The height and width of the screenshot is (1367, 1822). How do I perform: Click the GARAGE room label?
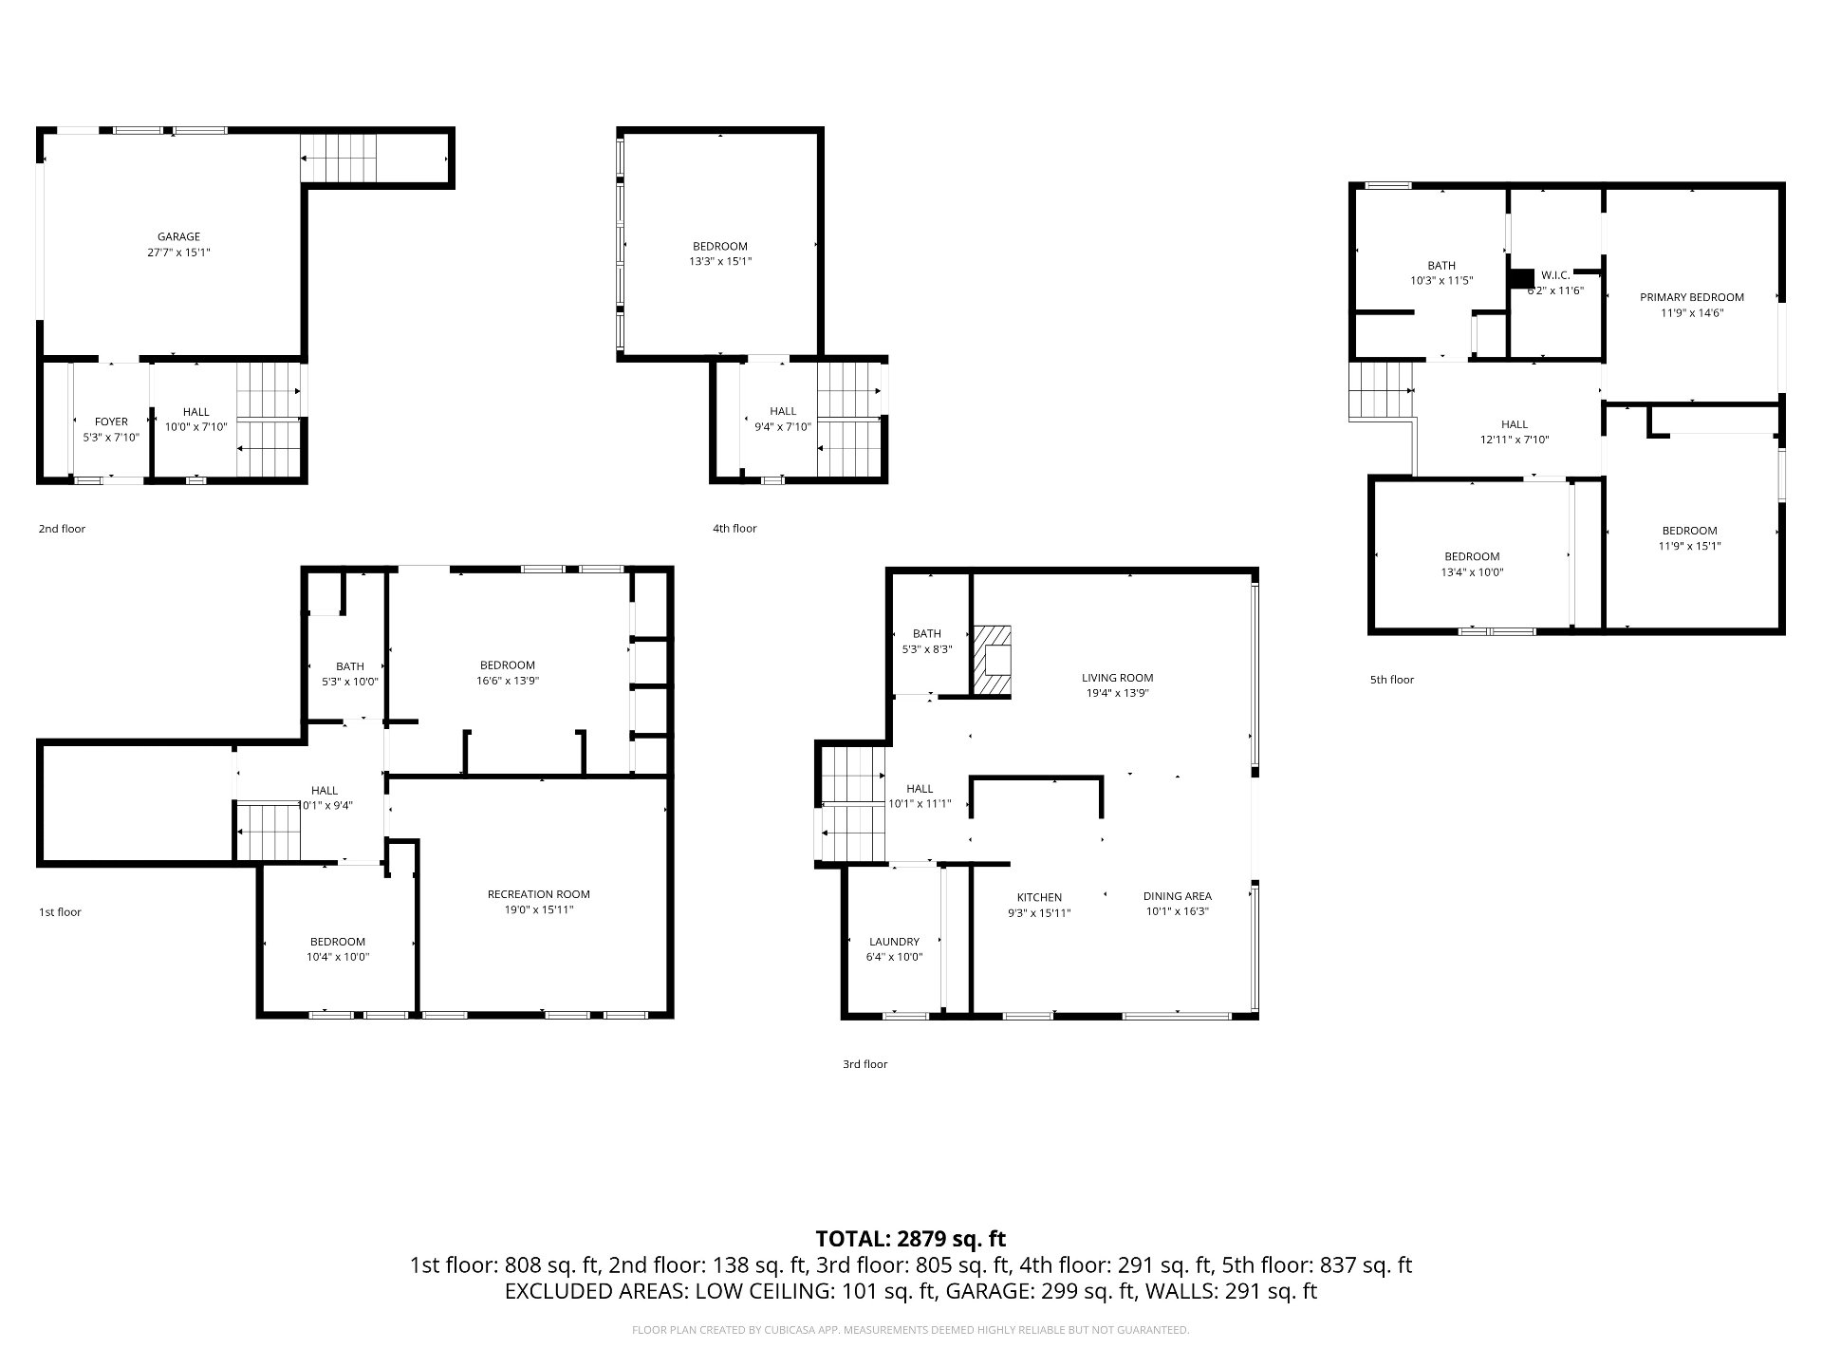(x=178, y=237)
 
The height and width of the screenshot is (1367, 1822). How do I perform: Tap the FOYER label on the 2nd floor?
(x=111, y=421)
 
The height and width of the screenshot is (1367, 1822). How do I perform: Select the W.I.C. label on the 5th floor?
(x=1554, y=275)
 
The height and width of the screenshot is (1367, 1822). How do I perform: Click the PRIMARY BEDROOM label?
(x=1692, y=297)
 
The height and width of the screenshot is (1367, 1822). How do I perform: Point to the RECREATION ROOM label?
(x=539, y=894)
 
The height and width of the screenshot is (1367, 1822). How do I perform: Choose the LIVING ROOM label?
(x=1118, y=678)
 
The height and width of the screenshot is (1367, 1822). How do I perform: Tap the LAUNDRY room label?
(x=894, y=942)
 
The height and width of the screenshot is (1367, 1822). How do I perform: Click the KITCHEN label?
(x=1039, y=897)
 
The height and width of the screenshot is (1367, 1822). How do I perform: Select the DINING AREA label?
(x=1177, y=896)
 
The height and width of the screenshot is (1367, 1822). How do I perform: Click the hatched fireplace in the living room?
(x=992, y=660)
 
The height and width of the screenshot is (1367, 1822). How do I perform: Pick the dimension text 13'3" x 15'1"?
(x=720, y=261)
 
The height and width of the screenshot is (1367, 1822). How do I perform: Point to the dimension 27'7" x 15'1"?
(x=178, y=253)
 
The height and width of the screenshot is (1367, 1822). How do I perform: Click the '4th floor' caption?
(x=734, y=529)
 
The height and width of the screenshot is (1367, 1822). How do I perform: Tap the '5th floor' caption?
(x=1391, y=680)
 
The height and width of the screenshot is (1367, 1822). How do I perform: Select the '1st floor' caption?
(x=60, y=912)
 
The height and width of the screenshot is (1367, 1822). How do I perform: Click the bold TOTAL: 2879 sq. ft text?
(x=911, y=1238)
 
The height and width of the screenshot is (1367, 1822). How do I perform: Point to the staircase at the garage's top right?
(x=339, y=158)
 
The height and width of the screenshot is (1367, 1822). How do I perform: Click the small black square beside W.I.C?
(x=1521, y=278)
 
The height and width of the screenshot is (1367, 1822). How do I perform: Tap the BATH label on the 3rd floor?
(x=927, y=634)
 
